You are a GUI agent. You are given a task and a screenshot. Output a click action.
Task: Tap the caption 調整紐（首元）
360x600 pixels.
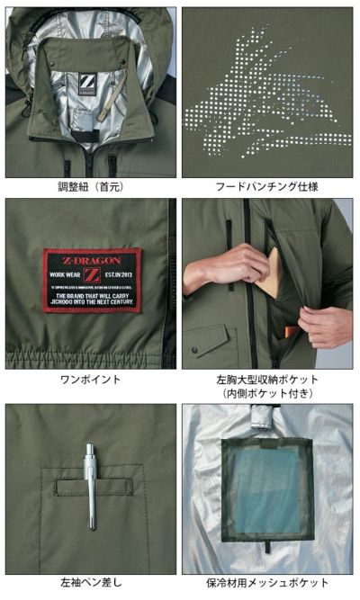[x=91, y=187]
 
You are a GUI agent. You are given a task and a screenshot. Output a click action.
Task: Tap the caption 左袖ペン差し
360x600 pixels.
[x=91, y=583]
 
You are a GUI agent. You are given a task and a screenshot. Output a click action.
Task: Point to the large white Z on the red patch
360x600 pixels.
[x=92, y=273]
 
